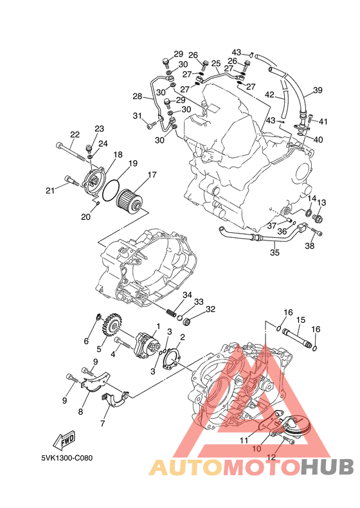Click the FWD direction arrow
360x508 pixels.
[64, 440]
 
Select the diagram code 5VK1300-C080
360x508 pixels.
[67, 458]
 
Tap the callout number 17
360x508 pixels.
[152, 175]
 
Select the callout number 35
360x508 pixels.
[274, 252]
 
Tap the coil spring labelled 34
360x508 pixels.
[171, 313]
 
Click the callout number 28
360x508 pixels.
[138, 96]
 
